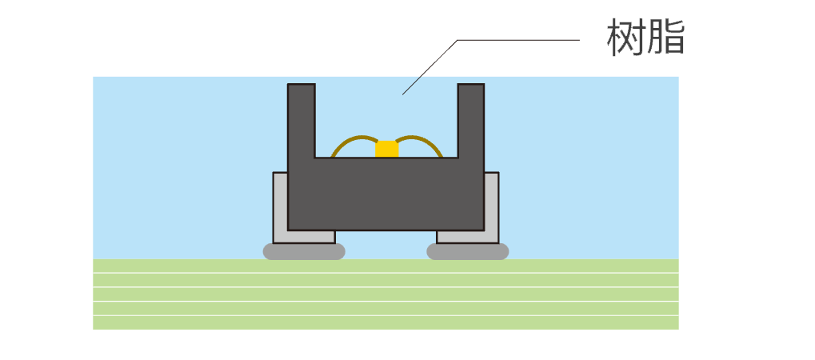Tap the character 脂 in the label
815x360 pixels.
(666, 38)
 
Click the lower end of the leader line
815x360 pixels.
(403, 94)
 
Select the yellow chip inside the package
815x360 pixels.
(387, 148)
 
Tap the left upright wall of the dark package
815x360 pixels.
(301, 120)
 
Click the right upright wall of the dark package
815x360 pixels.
(470, 120)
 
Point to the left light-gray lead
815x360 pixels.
(280, 208)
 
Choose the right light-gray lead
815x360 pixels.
(491, 208)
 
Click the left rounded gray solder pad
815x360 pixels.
(304, 251)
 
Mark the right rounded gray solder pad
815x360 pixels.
(468, 251)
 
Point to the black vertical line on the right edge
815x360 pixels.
(681, 200)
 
